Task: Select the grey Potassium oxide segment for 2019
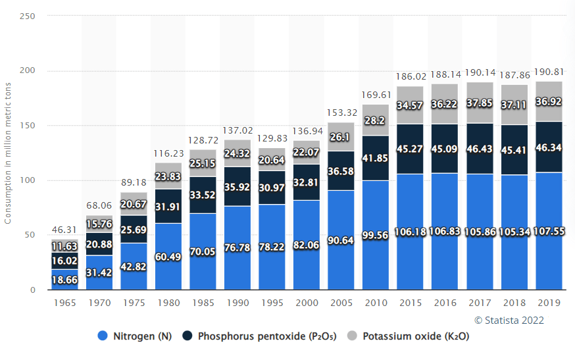[x=549, y=92]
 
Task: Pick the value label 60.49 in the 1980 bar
[x=168, y=256]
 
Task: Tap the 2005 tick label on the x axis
[x=341, y=303]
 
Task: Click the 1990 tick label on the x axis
[x=238, y=303]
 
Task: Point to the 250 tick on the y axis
[x=27, y=16]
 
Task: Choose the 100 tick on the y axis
[x=27, y=180]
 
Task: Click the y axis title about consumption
[x=8, y=152]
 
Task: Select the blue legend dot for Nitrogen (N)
[x=102, y=336]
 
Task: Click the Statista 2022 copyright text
[x=509, y=320]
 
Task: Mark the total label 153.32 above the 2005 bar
[x=341, y=113]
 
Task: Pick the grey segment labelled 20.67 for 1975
[x=134, y=205]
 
